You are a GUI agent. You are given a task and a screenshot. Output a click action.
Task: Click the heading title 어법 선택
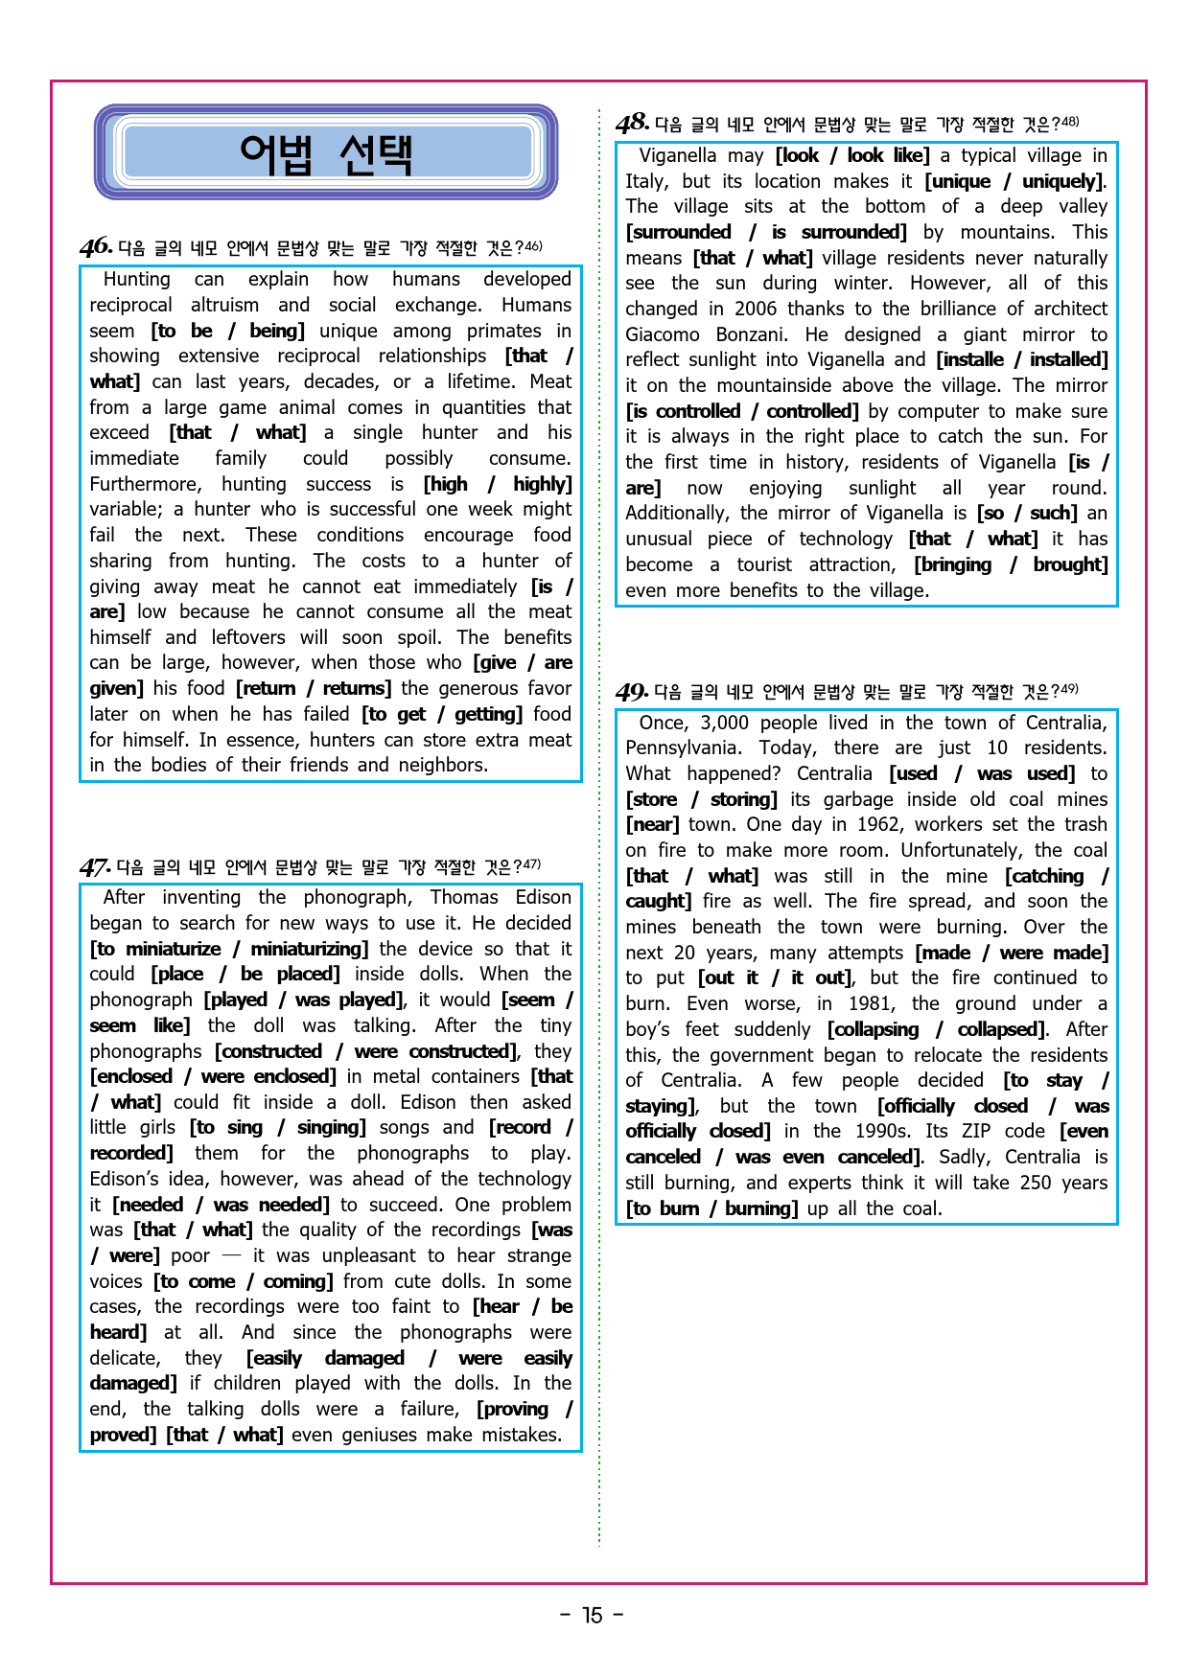pos(326,153)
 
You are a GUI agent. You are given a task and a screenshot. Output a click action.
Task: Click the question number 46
pos(96,247)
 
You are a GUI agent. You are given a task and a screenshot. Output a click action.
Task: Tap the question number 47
pos(95,867)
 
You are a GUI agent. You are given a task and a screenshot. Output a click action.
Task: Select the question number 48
pos(633,124)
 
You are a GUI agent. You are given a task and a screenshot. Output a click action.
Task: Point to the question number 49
pos(632,691)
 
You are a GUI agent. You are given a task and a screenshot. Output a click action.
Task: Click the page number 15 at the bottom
pos(593,1616)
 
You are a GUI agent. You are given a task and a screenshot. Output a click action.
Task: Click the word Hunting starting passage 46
pos(136,279)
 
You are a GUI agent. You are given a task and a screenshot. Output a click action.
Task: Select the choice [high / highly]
pos(498,484)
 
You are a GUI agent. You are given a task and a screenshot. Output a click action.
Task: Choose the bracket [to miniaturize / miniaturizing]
pos(229,949)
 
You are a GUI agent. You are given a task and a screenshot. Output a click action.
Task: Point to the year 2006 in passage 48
pos(756,309)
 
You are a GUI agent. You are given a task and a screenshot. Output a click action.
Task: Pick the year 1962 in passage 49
pos(876,824)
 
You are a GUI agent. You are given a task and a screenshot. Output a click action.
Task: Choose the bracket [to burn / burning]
pos(711,1208)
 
